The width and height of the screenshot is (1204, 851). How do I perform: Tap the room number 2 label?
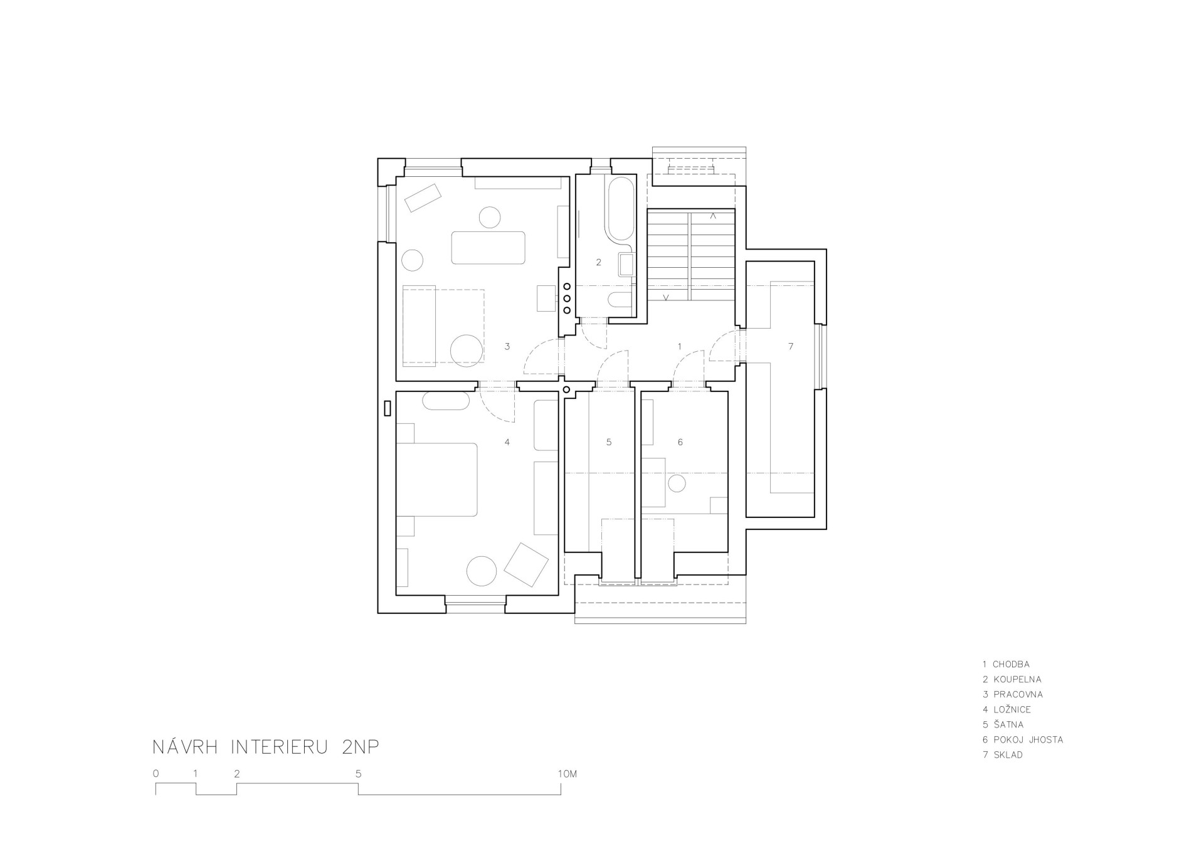click(599, 262)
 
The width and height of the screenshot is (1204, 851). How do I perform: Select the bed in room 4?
click(437, 480)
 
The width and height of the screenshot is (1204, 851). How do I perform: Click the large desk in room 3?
click(488, 248)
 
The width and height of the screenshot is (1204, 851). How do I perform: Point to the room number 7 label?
click(791, 346)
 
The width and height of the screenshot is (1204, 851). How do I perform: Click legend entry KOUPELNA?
click(1017, 679)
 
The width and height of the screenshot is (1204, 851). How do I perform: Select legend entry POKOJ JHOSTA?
click(1028, 739)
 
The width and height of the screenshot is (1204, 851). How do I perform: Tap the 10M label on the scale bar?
click(567, 774)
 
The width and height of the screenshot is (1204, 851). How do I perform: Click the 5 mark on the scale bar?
click(359, 774)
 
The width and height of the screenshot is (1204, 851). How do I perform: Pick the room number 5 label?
click(609, 442)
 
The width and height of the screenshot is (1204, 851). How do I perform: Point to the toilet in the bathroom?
click(621, 300)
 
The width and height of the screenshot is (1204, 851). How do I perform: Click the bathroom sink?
click(626, 264)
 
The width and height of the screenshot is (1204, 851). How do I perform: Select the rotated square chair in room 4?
click(526, 564)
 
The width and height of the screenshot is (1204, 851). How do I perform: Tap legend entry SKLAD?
click(1008, 754)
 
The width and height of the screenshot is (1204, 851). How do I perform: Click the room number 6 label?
click(680, 442)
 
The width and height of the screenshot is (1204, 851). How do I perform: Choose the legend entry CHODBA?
click(1011, 664)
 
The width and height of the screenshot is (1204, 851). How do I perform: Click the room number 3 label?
click(507, 346)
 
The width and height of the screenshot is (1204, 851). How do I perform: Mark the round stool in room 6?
click(677, 484)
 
